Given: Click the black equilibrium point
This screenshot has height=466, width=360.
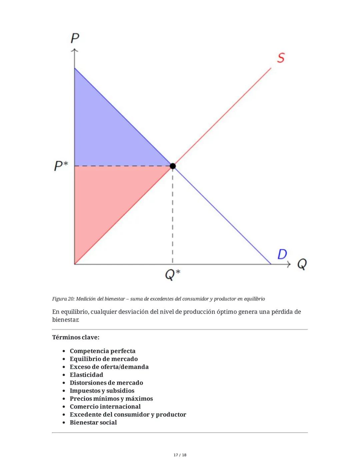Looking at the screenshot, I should pyautogui.click(x=172, y=166).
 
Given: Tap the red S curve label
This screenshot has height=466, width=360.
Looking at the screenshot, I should pyautogui.click(x=281, y=58).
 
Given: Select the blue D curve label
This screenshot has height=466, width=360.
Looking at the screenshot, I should pyautogui.click(x=282, y=254).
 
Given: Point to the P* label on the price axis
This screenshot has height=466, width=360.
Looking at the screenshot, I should pyautogui.click(x=61, y=165).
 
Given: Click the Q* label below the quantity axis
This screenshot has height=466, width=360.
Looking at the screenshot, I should pyautogui.click(x=172, y=275).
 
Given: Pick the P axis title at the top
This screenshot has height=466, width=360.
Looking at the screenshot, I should pyautogui.click(x=75, y=38).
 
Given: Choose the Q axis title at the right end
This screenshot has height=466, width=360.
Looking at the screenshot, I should pyautogui.click(x=302, y=264).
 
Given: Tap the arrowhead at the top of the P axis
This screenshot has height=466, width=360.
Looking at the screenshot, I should pyautogui.click(x=74, y=50).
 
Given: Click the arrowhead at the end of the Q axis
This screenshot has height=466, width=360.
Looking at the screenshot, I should pyautogui.click(x=289, y=264).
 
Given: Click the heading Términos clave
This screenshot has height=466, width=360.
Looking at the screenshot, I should pyautogui.click(x=76, y=337).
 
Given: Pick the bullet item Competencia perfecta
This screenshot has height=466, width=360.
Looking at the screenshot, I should pyautogui.click(x=102, y=351).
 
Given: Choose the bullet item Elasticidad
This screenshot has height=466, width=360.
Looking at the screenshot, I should pyautogui.click(x=86, y=375).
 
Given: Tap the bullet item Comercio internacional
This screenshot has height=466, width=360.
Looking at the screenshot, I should pyautogui.click(x=105, y=407).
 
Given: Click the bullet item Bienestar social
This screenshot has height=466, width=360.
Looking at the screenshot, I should pyautogui.click(x=93, y=422).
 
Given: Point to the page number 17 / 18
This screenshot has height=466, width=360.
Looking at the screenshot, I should pyautogui.click(x=180, y=455).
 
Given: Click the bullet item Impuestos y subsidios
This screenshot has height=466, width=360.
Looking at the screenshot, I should pyautogui.click(x=102, y=391).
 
